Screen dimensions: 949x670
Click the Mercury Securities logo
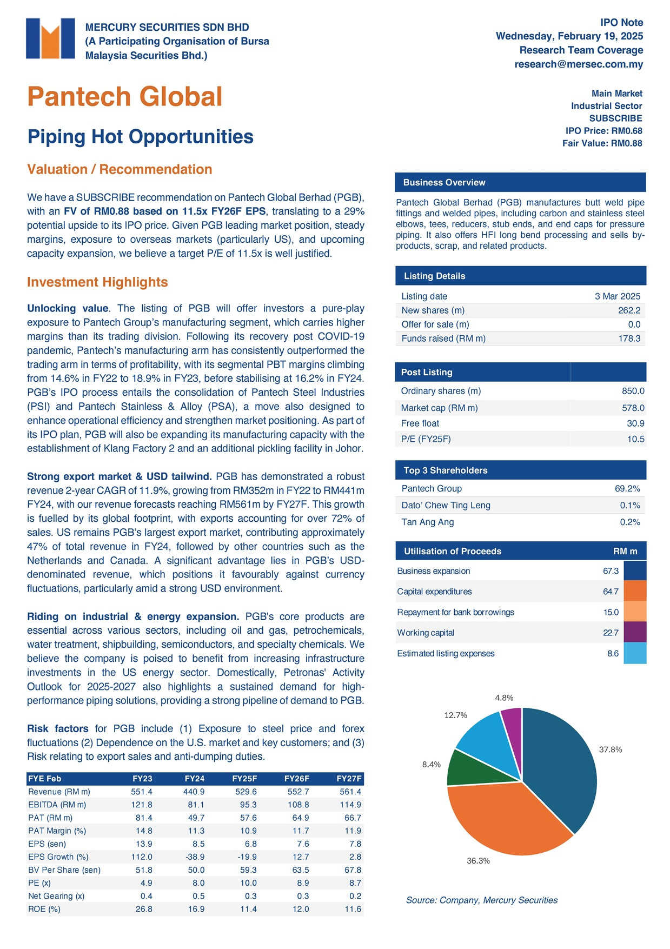[x=50, y=38]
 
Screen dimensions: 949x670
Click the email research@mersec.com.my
[x=579, y=64]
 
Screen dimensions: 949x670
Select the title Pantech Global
[x=125, y=97]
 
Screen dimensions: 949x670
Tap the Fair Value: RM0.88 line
[x=602, y=143]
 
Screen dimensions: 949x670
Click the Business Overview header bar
[x=520, y=183]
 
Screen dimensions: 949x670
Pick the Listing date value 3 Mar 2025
[x=618, y=296]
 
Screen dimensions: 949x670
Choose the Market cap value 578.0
[x=633, y=408]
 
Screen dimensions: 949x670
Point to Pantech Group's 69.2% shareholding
[x=627, y=489]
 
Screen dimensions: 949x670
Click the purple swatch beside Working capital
[x=635, y=632]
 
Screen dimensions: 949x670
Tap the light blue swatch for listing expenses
[x=635, y=653]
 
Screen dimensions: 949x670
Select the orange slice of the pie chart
[x=503, y=817]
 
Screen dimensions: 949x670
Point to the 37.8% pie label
[x=611, y=749]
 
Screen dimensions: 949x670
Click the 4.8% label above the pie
[x=504, y=698]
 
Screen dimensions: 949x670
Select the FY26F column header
[x=296, y=779]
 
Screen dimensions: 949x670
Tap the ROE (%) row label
[x=44, y=909]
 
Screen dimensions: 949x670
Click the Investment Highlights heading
[x=98, y=282]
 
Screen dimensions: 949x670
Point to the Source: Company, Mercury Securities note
[x=481, y=900]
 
